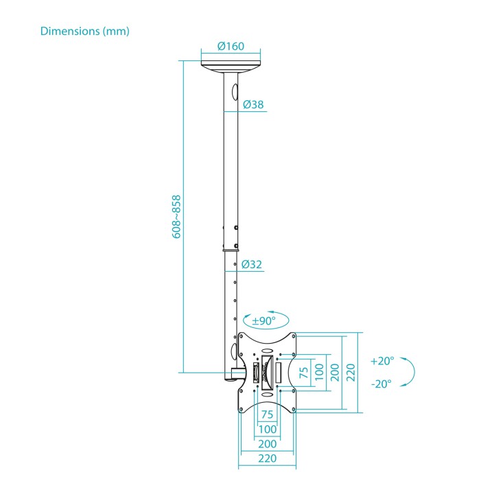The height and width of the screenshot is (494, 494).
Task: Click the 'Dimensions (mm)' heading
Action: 85,31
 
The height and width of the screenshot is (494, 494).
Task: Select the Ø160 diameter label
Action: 231,47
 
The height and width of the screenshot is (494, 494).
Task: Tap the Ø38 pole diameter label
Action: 253,104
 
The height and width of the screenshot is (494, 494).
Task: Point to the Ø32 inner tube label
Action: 252,264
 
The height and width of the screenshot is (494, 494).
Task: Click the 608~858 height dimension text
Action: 177,217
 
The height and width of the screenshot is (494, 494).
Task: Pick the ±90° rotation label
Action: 264,320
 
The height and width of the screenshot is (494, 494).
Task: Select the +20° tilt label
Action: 382,361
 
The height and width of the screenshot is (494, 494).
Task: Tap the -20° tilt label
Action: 381,384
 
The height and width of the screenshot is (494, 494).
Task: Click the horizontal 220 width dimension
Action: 268,458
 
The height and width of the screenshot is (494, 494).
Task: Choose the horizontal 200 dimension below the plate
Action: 268,444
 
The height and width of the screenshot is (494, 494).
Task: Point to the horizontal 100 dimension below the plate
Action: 268,429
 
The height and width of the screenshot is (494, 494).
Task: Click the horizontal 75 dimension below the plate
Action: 267,414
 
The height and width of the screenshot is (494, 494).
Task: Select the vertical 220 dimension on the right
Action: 351,373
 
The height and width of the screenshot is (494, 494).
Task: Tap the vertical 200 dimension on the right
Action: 335,373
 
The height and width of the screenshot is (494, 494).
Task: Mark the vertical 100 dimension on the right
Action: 319,372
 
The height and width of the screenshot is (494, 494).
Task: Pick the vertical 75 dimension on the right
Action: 304,373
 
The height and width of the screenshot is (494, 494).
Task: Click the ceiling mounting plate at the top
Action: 231,67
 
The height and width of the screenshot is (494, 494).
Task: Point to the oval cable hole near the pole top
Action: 235,92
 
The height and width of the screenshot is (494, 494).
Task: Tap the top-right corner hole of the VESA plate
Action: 294,336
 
